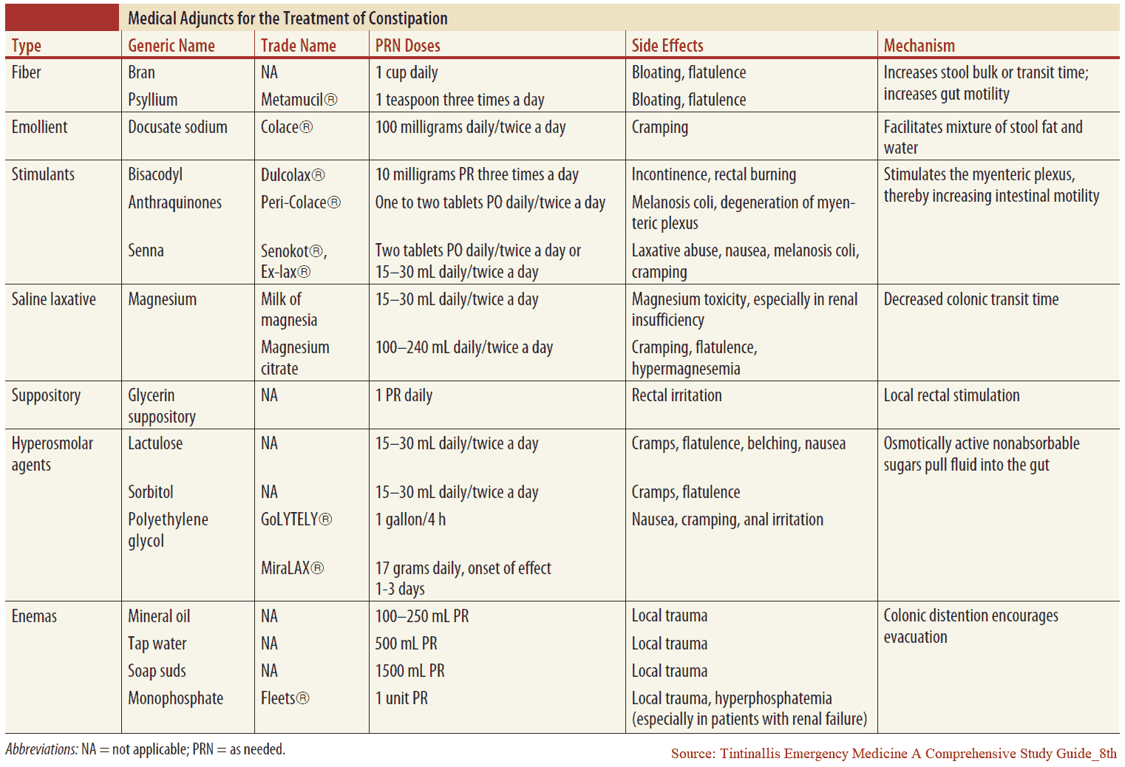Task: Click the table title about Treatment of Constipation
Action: coord(288,18)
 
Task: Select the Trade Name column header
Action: coord(298,46)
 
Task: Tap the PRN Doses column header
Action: coord(407,46)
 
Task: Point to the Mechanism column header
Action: coord(919,46)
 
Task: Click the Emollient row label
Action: coord(39,127)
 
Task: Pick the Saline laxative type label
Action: coord(53,299)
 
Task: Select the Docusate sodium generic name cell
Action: coord(177,127)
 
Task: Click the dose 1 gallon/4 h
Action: coord(410,519)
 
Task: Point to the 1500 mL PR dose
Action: coord(409,671)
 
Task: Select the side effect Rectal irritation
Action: coord(676,395)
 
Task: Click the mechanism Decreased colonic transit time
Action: coord(971,299)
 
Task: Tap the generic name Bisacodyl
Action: coord(155,174)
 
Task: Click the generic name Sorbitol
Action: coord(151,492)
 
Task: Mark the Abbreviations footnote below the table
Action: coord(145,749)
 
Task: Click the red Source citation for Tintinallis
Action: coord(893,754)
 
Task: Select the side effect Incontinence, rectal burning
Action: coord(713,174)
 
